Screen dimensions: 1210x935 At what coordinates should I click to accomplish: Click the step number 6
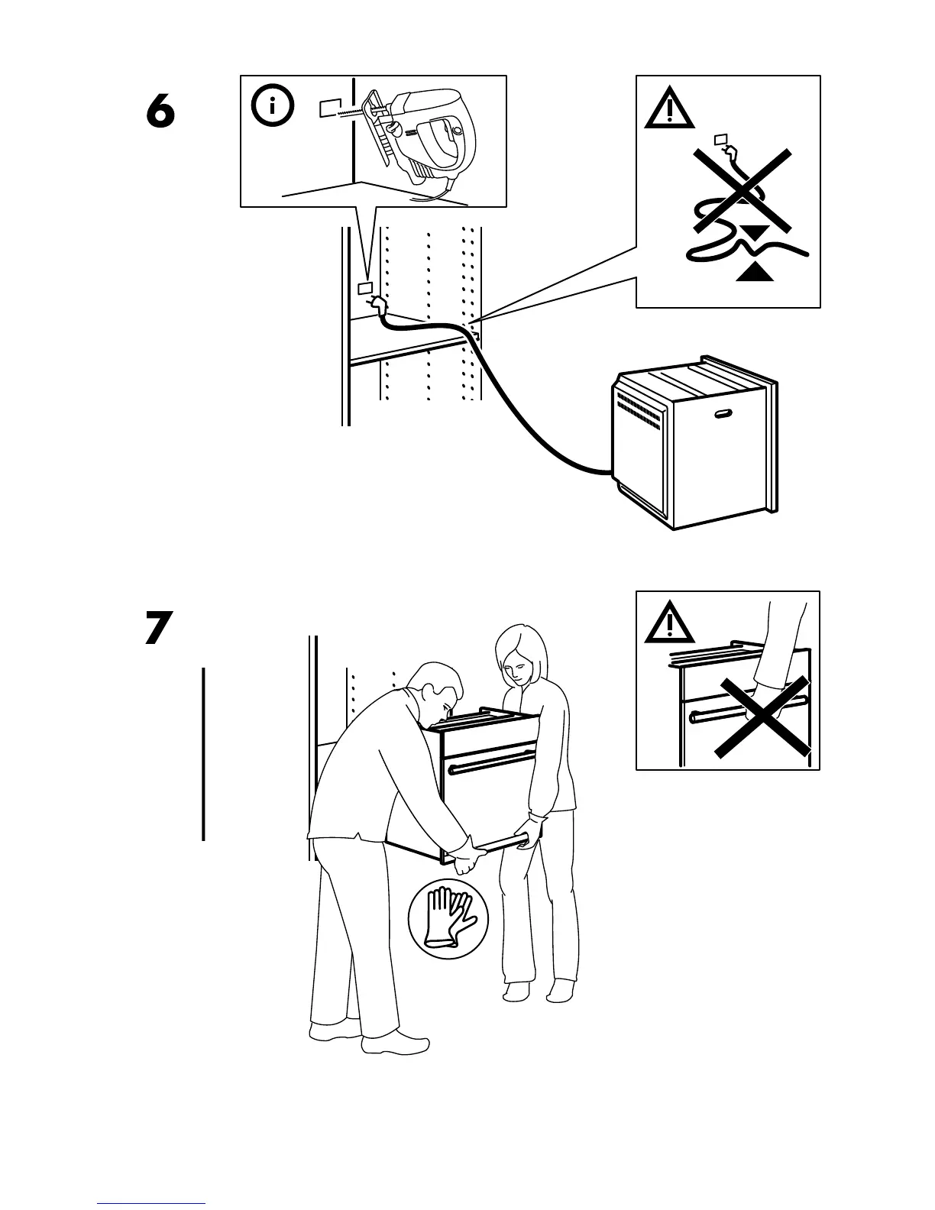tap(160, 113)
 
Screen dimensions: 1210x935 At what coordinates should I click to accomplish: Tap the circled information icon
tap(271, 107)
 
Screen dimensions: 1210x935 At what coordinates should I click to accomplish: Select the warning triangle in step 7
tap(669, 624)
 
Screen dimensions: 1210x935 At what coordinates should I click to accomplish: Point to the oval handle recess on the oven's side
tap(723, 415)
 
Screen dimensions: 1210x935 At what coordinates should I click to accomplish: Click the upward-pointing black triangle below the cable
tap(754, 271)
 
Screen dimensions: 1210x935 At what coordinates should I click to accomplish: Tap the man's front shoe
tap(395, 1044)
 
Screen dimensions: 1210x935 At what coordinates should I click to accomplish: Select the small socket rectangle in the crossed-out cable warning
tap(719, 139)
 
